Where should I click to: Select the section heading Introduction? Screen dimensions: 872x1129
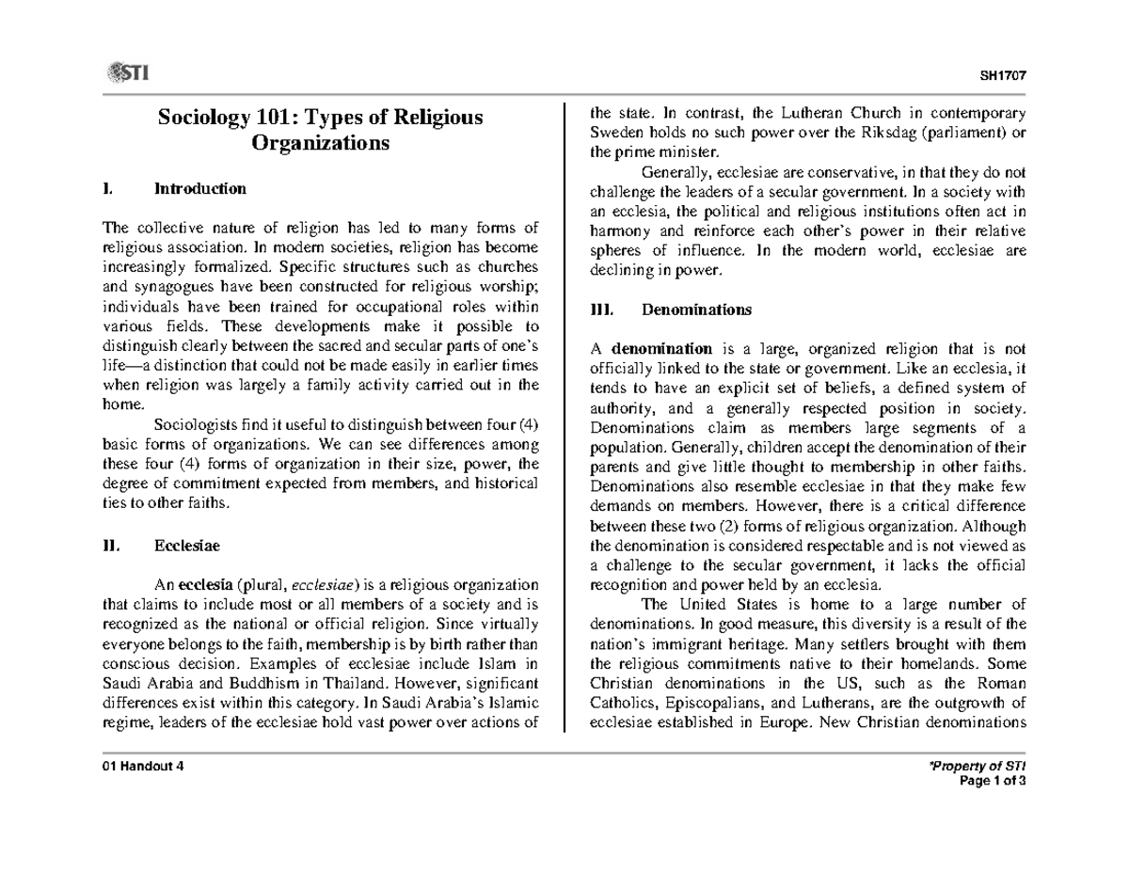199,188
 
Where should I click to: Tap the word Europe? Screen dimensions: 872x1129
786,722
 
